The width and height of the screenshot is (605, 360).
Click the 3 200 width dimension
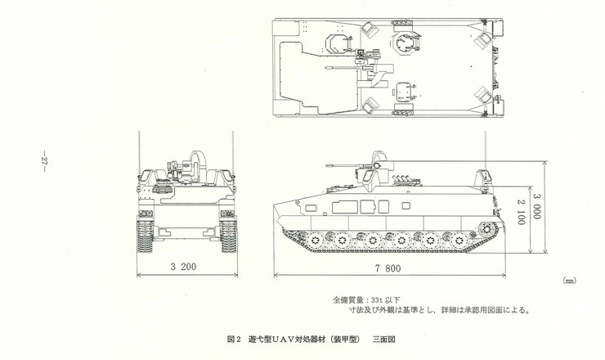point(183,267)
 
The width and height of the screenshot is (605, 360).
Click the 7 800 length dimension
point(388,268)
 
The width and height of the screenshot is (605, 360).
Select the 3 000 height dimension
point(536,206)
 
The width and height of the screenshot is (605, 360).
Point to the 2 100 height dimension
point(521,212)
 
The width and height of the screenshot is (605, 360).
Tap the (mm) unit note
point(569,281)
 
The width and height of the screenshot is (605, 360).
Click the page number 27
point(44,160)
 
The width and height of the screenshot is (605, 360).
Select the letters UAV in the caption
point(284,340)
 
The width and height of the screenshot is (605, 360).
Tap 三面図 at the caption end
point(384,340)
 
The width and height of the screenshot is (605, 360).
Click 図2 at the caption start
point(234,340)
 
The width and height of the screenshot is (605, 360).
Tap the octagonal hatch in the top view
point(404,42)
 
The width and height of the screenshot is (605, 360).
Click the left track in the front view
point(145,236)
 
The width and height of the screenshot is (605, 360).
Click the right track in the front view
point(228,236)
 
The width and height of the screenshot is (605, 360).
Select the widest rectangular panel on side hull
point(345,207)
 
